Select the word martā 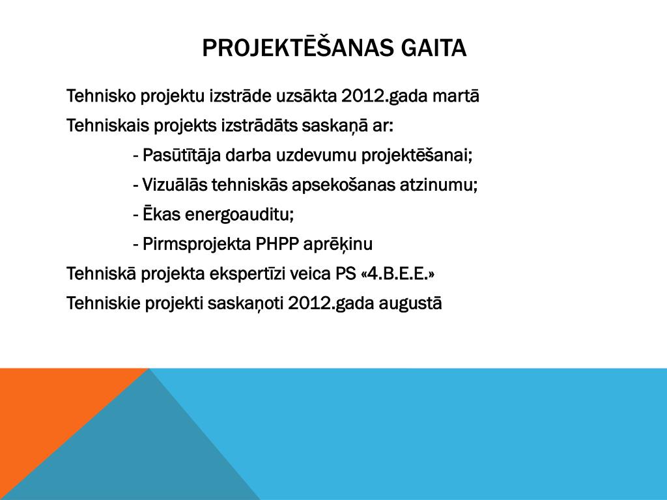click(455, 96)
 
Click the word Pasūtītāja click(182, 156)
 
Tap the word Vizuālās click(175, 185)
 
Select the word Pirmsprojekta click(197, 245)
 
